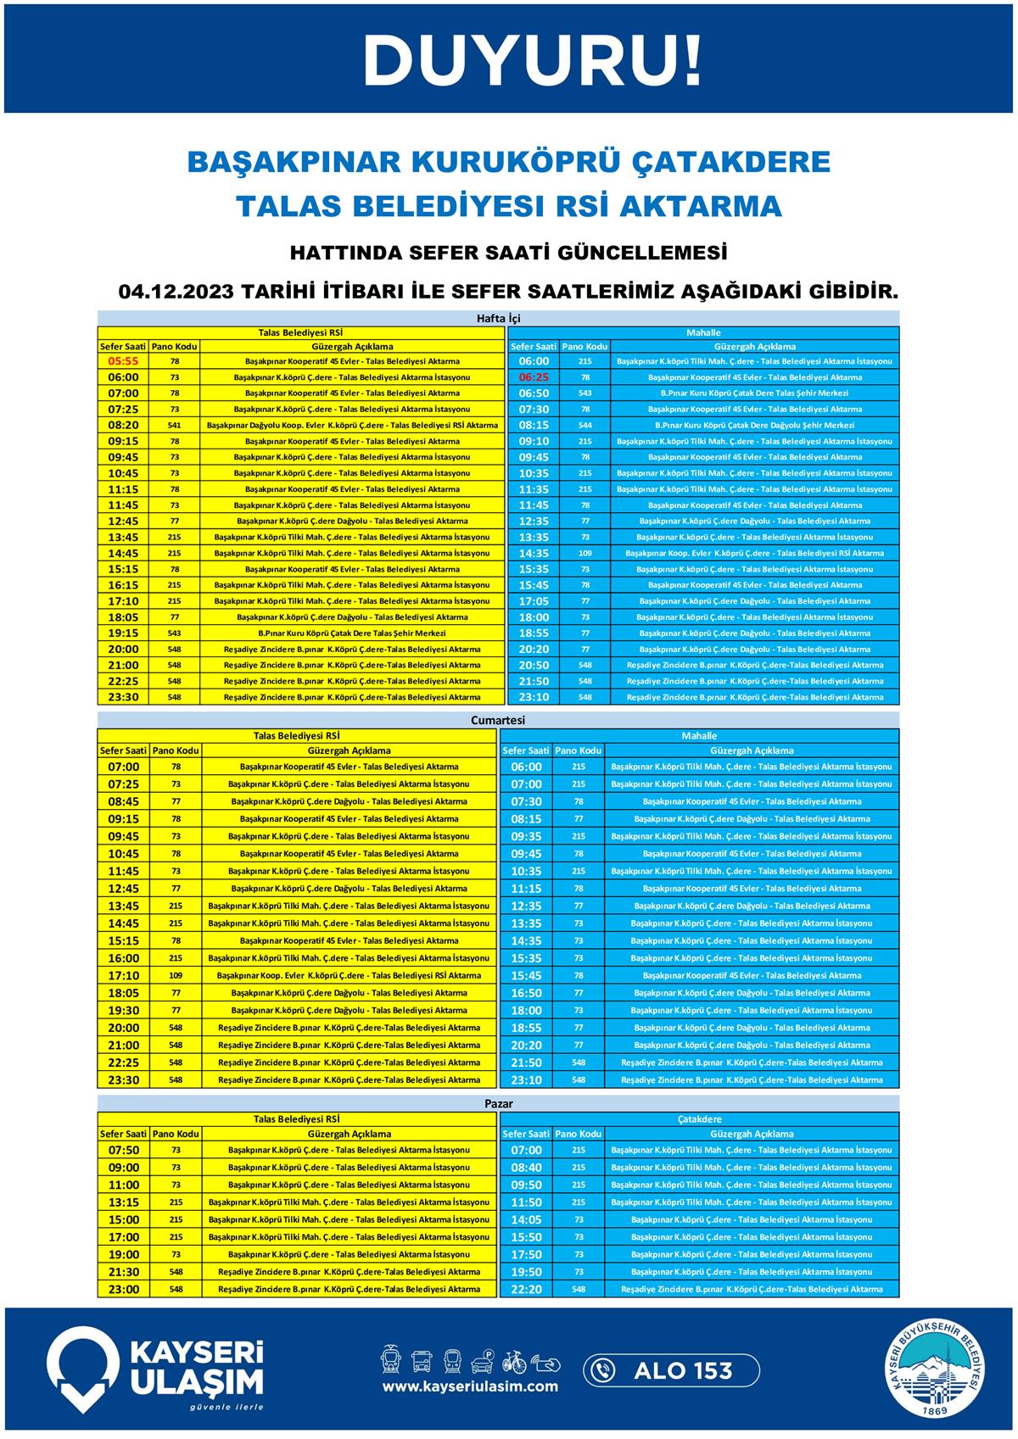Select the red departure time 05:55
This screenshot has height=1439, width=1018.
point(123,361)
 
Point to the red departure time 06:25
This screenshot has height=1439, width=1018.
point(534,377)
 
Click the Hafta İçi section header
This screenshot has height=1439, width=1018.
point(498,319)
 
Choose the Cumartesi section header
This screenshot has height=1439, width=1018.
point(498,720)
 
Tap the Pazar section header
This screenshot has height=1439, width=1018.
point(498,1104)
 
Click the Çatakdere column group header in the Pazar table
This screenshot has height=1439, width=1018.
point(699,1119)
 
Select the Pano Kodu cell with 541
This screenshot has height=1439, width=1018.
point(174,425)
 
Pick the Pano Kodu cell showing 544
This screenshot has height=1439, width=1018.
point(585,425)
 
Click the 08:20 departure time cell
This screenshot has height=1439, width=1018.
point(123,425)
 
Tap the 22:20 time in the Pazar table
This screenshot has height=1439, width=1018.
point(526,1289)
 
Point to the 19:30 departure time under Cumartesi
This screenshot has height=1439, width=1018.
point(123,1011)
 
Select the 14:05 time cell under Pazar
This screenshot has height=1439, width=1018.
point(526,1219)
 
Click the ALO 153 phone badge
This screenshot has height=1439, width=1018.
point(670,1370)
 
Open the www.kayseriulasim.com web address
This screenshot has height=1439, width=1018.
point(470,1386)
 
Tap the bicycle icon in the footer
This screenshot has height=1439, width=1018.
point(514,1361)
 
